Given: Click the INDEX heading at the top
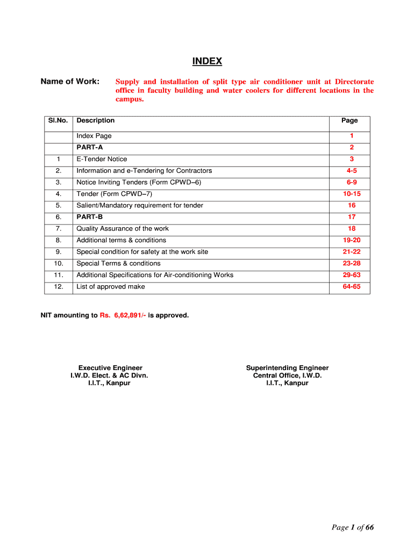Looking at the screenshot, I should pyautogui.click(x=207, y=61).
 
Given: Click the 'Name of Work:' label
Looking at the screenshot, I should pyautogui.click(x=70, y=82).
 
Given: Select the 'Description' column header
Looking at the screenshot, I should pyautogui.click(x=95, y=120).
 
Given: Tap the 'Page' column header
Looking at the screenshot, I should pyautogui.click(x=349, y=120).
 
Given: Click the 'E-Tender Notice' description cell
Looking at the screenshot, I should pyautogui.click(x=102, y=159).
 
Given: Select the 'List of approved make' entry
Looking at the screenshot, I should pyautogui.click(x=110, y=287).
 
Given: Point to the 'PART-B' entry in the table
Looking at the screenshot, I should pyautogui.click(x=89, y=217).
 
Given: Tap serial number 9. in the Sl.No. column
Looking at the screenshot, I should pyautogui.click(x=59, y=252).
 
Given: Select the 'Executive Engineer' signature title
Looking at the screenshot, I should pyautogui.click(x=110, y=368).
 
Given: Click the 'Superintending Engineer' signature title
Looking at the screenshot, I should pyautogui.click(x=287, y=368).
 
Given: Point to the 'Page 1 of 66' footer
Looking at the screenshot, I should pyautogui.click(x=352, y=527).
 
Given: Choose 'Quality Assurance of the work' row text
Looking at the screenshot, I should pyautogui.click(x=123, y=229).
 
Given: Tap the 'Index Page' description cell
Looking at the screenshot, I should pyautogui.click(x=94, y=136).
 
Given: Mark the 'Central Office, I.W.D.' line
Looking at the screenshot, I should pyautogui.click(x=287, y=375).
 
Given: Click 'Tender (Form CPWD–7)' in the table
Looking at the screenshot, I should pyautogui.click(x=114, y=194).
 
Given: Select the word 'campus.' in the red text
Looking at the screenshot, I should pyautogui.click(x=130, y=99).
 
